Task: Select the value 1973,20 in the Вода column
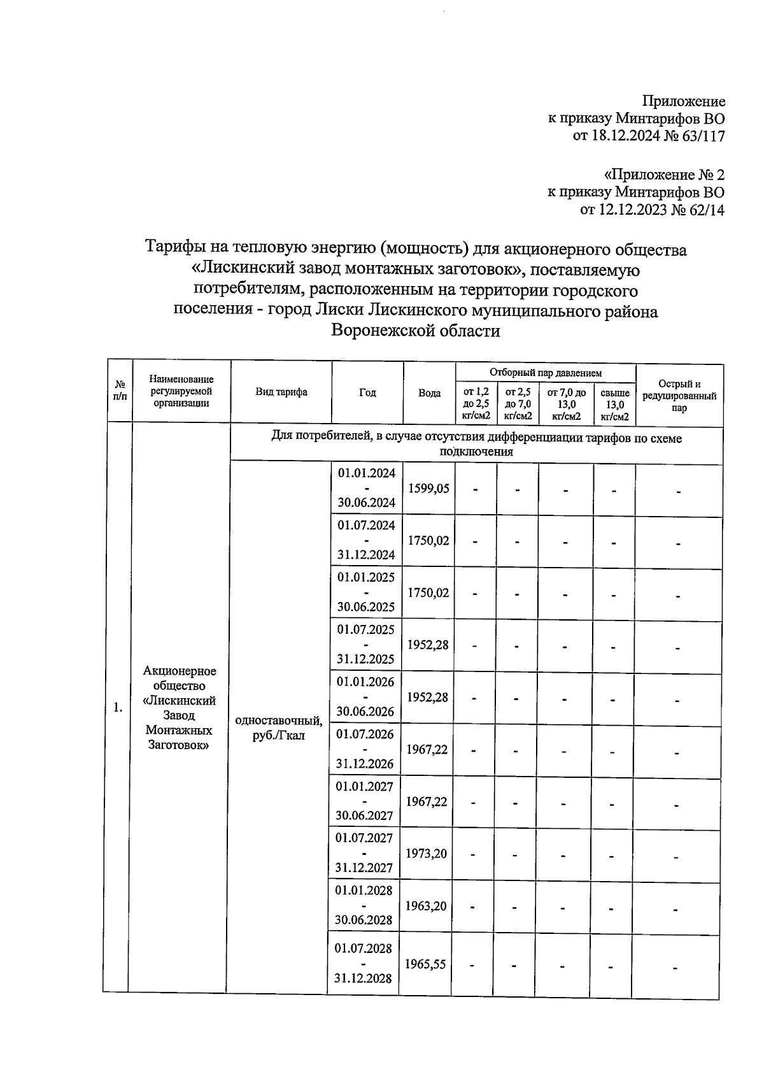[x=426, y=853]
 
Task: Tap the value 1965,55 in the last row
[x=425, y=964]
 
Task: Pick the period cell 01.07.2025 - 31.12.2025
[x=366, y=644]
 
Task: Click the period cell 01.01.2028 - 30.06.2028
[x=364, y=905]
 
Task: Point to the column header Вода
[x=430, y=393]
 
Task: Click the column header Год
[x=367, y=392]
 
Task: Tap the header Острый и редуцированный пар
[x=679, y=396]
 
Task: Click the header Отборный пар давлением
[x=546, y=373]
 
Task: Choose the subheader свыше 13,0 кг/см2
[x=615, y=405]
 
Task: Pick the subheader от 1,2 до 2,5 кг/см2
[x=476, y=405]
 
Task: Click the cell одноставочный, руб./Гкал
[x=278, y=728]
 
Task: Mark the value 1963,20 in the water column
[x=426, y=905]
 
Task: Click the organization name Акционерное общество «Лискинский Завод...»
[x=180, y=707]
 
